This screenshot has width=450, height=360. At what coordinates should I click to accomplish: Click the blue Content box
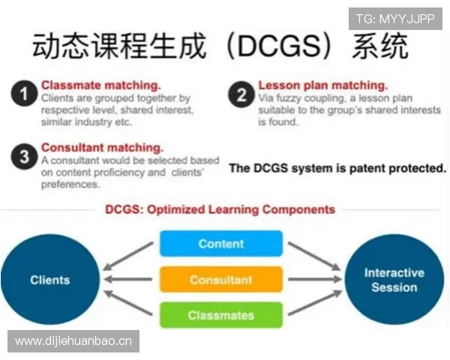[x=220, y=244]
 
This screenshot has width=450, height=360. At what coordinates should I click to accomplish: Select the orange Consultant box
[x=220, y=280]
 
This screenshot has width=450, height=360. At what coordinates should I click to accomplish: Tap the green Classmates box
[x=220, y=315]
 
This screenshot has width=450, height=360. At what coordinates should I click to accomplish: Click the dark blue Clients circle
[x=50, y=280]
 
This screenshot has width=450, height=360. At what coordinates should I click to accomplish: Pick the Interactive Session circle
[x=394, y=280]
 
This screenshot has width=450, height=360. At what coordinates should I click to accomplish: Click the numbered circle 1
[x=24, y=95]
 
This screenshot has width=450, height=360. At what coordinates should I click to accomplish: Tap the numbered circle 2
[x=241, y=95]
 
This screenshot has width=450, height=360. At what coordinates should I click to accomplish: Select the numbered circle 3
[x=24, y=157]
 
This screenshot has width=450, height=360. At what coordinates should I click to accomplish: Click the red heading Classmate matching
[x=100, y=85]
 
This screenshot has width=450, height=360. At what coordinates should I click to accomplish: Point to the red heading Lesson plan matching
[x=322, y=85]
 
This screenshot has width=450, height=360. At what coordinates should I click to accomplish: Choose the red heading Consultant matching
[x=102, y=148]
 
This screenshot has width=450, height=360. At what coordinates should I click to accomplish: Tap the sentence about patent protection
[x=337, y=168]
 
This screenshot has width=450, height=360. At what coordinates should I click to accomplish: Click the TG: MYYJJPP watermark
[x=395, y=19]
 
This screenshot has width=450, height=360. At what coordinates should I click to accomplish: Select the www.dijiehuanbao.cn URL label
[x=73, y=341]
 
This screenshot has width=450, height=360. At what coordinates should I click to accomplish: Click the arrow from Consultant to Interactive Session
[x=314, y=280]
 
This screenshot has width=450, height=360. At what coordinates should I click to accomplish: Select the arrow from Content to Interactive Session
[x=313, y=255]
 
